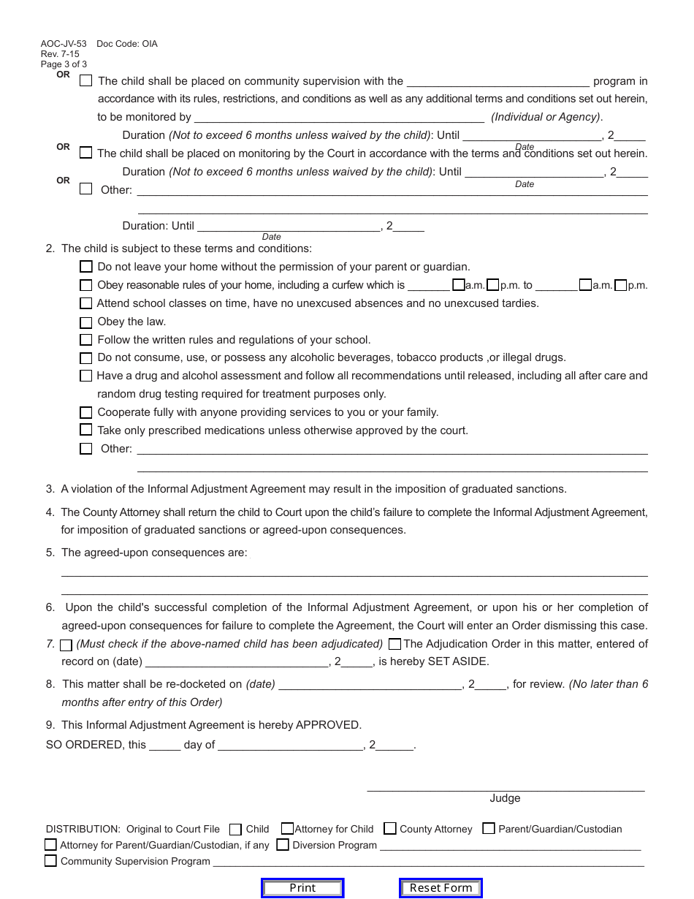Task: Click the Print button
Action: (x=302, y=888)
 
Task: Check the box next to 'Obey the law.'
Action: (x=86, y=322)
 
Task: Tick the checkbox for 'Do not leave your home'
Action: (x=86, y=267)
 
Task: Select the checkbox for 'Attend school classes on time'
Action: (x=86, y=303)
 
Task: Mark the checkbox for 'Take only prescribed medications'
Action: (x=86, y=430)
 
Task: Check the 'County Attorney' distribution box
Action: (x=390, y=829)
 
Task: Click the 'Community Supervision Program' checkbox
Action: (x=50, y=861)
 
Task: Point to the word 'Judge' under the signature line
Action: (x=505, y=798)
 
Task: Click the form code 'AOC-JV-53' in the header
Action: (x=64, y=44)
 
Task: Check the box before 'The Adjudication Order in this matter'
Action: (x=395, y=644)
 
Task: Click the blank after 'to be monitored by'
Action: (x=339, y=118)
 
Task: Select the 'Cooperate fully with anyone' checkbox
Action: (x=86, y=412)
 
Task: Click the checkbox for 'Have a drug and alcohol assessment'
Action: (x=86, y=376)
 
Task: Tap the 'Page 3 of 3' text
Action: (x=64, y=64)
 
